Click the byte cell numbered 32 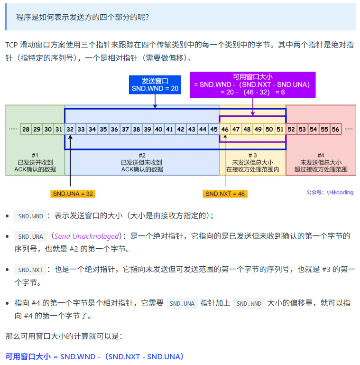pyautogui.click(x=70, y=129)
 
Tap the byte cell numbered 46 pyautogui.click(x=225, y=129)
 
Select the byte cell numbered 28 pyautogui.click(x=26, y=129)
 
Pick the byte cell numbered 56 pyautogui.click(x=335, y=129)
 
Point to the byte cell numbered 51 pyautogui.click(x=280, y=129)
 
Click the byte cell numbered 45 pyautogui.click(x=214, y=129)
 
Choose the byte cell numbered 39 pyautogui.click(x=148, y=129)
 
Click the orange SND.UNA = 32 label pyautogui.click(x=73, y=194)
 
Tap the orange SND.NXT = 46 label pyautogui.click(x=225, y=194)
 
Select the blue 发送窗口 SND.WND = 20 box pyautogui.click(x=155, y=84)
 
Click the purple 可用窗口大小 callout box pyautogui.click(x=252, y=84)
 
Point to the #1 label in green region pyautogui.click(x=35, y=155)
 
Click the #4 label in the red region pyautogui.click(x=321, y=155)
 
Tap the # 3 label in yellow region pyautogui.click(x=252, y=155)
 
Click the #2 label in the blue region pyautogui.click(x=142, y=155)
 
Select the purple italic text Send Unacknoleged pyautogui.click(x=86, y=236)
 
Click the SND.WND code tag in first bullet pyautogui.click(x=30, y=216)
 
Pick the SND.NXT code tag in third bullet pyautogui.click(x=30, y=270)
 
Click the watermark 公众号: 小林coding pyautogui.click(x=330, y=193)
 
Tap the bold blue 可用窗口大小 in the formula pyautogui.click(x=28, y=356)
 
